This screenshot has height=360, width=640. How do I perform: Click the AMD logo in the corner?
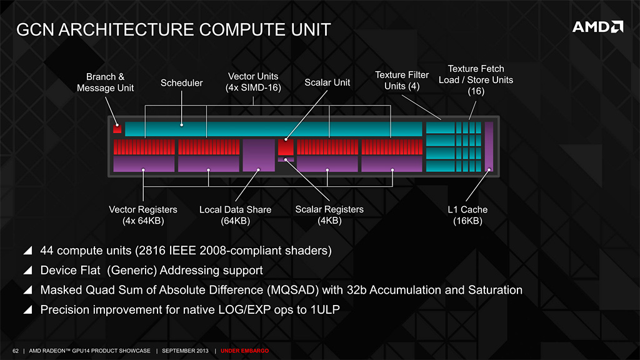pyautogui.click(x=597, y=27)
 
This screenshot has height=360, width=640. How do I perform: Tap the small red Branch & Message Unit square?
pyautogui.click(x=117, y=129)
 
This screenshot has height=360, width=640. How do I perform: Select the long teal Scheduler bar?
pyautogui.click(x=272, y=129)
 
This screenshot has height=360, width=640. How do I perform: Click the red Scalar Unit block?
pyautogui.click(x=286, y=147)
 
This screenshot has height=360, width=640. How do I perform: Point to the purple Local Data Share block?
pyautogui.click(x=259, y=155)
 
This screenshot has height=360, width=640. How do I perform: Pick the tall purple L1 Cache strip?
pyautogui.click(x=489, y=147)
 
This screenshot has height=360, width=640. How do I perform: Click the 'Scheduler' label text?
pyautogui.click(x=182, y=82)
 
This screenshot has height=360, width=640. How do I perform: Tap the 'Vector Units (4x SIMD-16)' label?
pyautogui.click(x=253, y=82)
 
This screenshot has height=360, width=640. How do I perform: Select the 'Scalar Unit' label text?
pyautogui.click(x=327, y=82)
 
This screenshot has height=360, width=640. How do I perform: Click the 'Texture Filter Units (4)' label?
pyautogui.click(x=401, y=81)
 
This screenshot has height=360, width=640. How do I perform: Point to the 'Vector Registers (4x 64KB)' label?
pyautogui.click(x=143, y=215)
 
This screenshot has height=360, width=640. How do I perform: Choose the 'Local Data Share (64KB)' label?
pyautogui.click(x=235, y=215)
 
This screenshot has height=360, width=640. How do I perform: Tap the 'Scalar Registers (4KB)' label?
pyautogui.click(x=329, y=215)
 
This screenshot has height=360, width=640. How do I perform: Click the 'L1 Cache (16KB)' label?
pyautogui.click(x=467, y=215)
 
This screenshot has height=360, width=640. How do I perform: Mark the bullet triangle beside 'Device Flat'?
pyautogui.click(x=27, y=271)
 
